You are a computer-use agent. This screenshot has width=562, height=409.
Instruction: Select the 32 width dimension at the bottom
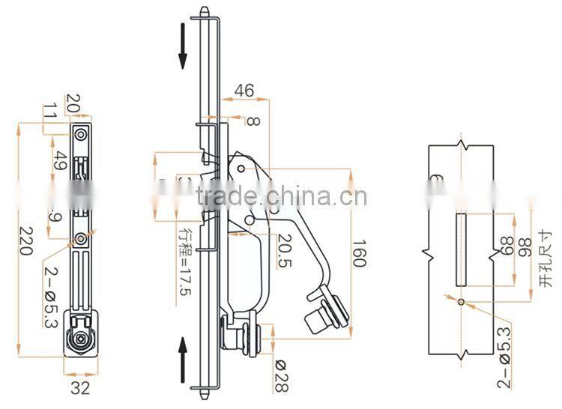pyautogui.click(x=80, y=388)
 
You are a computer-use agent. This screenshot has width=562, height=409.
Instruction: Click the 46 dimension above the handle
pyautogui.click(x=244, y=91)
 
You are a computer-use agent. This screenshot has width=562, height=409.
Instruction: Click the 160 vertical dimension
pyautogui.click(x=359, y=253)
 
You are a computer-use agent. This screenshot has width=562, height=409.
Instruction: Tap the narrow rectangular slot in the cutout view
pyautogui.click(x=461, y=249)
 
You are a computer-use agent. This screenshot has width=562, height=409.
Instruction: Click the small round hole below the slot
pyautogui.click(x=461, y=302)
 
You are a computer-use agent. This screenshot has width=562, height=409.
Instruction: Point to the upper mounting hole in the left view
pyautogui.click(x=80, y=134)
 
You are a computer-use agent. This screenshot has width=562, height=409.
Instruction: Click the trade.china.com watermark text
pyautogui.click(x=281, y=197)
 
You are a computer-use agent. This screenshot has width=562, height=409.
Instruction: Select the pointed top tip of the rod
pyautogui.click(x=204, y=10)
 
